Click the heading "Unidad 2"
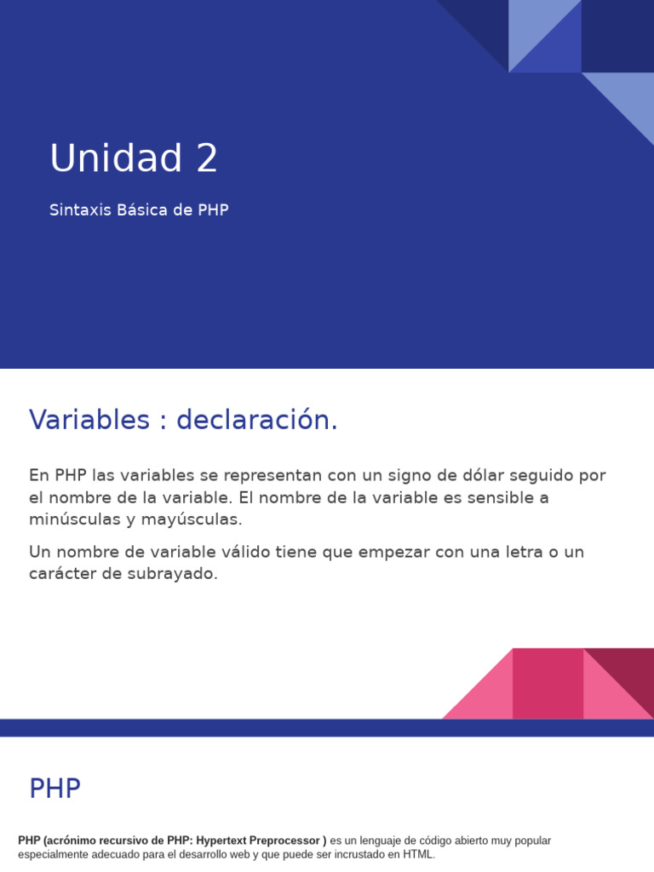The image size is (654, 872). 134,158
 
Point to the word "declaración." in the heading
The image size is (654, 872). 257,420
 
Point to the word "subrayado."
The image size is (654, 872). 178,574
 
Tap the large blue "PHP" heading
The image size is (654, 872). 54,789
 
